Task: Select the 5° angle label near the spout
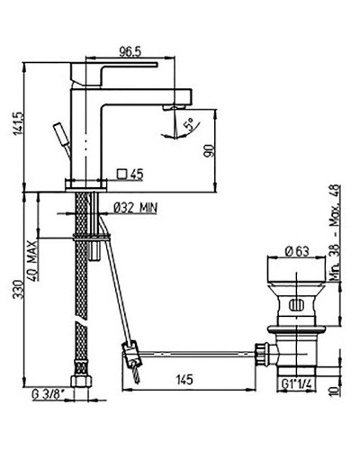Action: [x=188, y=126]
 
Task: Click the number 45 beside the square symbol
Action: [x=138, y=173]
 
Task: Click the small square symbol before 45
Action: [x=123, y=173]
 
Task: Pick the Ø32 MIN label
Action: [x=137, y=207]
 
